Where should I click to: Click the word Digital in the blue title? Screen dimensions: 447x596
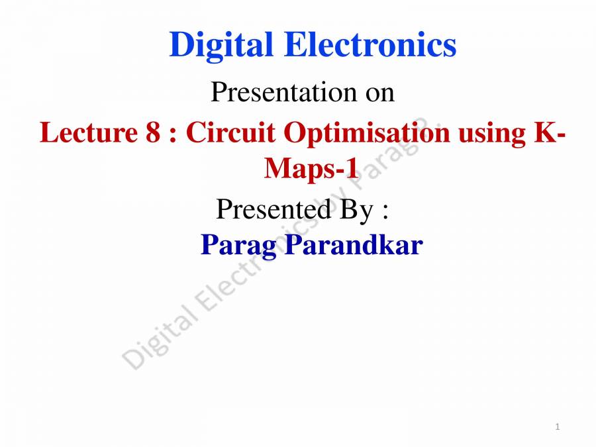click(x=221, y=46)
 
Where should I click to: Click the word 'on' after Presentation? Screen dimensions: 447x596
click(x=379, y=93)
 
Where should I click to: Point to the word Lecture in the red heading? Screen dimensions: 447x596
click(x=88, y=133)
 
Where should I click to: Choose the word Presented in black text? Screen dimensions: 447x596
click(x=273, y=211)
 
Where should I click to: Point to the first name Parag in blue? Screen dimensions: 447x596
click(x=240, y=246)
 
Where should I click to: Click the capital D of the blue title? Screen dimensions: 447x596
click(x=181, y=46)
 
